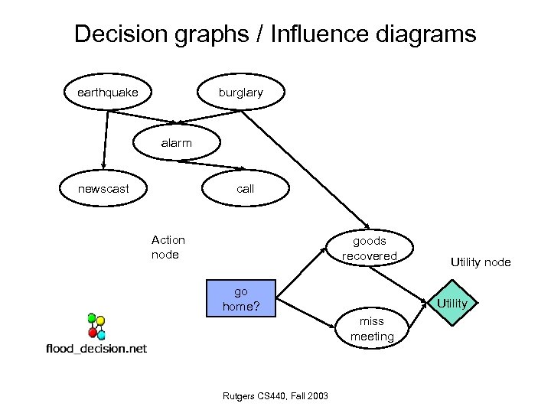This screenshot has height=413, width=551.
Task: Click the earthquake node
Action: tap(107, 93)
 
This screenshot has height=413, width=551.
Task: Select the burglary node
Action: tap(240, 93)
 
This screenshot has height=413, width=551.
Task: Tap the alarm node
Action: tap(177, 143)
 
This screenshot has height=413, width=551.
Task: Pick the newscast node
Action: tap(103, 188)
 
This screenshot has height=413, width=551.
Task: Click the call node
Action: tap(245, 188)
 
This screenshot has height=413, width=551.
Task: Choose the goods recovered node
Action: tap(370, 248)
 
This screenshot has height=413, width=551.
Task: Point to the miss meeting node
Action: tap(372, 328)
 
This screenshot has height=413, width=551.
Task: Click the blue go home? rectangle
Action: tap(241, 299)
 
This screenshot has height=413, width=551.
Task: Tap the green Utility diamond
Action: tap(452, 304)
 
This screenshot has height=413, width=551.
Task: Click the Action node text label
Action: tap(168, 247)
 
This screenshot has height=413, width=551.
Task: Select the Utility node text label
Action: tap(480, 262)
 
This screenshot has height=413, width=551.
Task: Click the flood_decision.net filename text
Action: tap(96, 349)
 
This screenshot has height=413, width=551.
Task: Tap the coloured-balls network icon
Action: tap(96, 326)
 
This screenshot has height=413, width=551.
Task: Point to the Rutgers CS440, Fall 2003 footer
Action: tap(275, 395)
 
